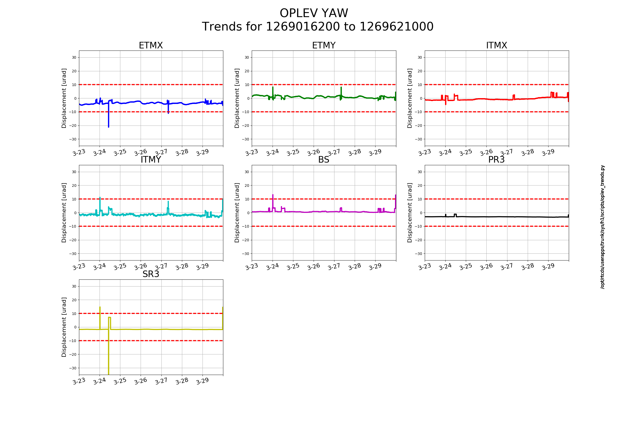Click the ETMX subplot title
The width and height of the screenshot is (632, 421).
coord(151,45)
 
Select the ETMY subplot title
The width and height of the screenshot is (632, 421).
coord(324,45)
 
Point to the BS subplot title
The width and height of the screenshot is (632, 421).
coord(324,160)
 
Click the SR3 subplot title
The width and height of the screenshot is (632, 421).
coord(151,274)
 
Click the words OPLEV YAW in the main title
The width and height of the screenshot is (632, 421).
coord(314,13)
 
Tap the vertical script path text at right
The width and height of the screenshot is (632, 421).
coord(603,227)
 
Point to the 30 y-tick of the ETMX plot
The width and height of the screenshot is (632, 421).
coord(74,57)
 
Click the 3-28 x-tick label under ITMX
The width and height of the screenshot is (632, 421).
coord(527,153)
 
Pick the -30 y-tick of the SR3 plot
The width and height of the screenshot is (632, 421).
coord(73,368)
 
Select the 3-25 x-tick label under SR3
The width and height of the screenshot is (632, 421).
coord(120,381)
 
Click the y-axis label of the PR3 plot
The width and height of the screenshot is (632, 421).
coord(409,213)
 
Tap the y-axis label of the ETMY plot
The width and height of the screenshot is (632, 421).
coord(237,98)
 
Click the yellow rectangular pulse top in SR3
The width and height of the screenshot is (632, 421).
coord(109,317)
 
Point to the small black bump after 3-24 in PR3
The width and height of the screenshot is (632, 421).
coord(455,214)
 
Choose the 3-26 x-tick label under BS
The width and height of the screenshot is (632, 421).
coord(314,267)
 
